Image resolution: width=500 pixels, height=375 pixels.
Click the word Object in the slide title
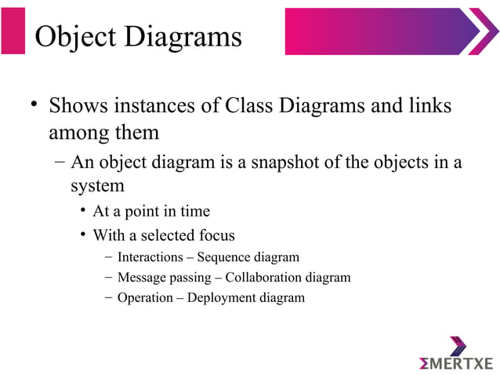click(76, 35)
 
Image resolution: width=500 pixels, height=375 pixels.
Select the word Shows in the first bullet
click(78, 105)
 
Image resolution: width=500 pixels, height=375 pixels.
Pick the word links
click(429, 105)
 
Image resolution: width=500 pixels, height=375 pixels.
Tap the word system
click(97, 186)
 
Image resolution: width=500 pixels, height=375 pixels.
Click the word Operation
click(146, 297)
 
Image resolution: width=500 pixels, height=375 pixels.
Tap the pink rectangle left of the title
click(13, 31)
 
